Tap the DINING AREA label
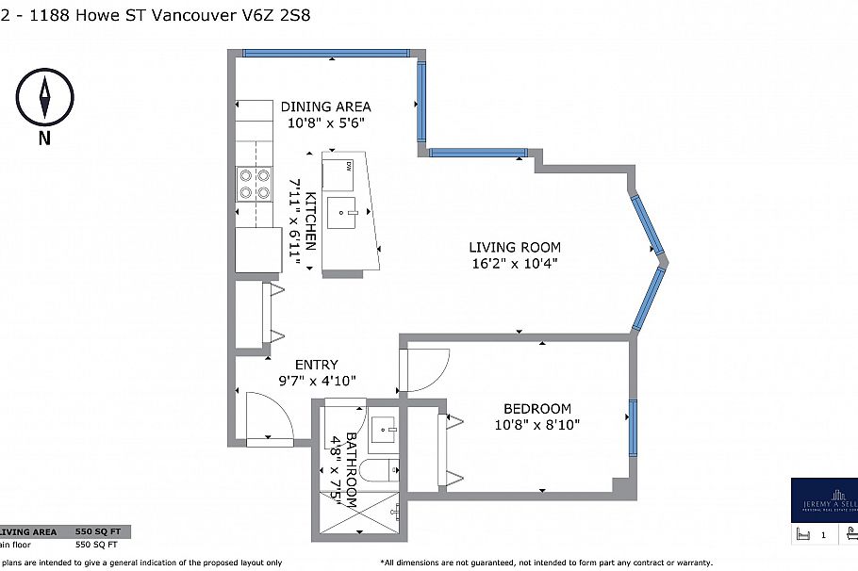coord(325,106)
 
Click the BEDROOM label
coord(536,408)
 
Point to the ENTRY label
coord(316,365)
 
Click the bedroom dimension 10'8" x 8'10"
coord(536,424)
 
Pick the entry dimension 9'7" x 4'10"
coord(316,381)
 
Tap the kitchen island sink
coord(345,212)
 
